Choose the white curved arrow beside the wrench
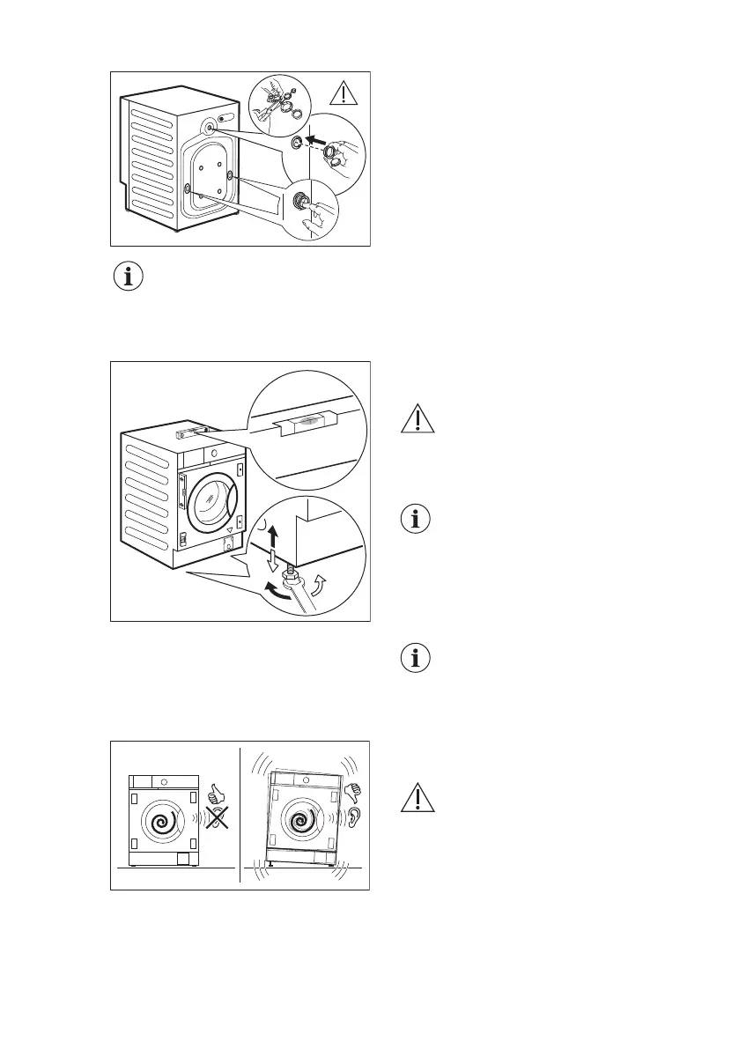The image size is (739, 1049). [321, 583]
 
